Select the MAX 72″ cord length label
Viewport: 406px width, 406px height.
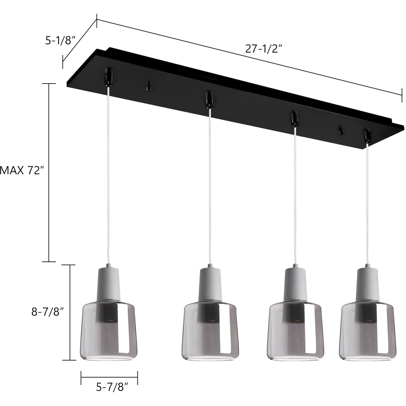[x=20, y=170]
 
